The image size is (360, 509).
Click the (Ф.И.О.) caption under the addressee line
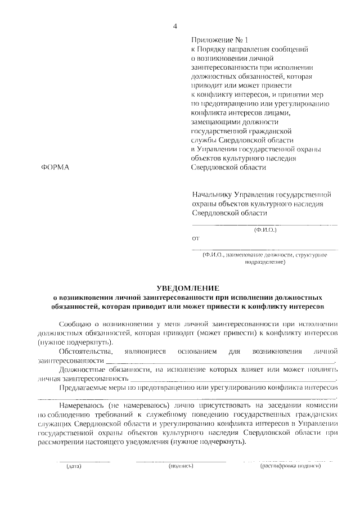point(265,230)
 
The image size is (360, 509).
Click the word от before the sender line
point(195,238)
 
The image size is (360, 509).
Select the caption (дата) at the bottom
point(74,466)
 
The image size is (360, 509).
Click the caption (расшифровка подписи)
point(290,466)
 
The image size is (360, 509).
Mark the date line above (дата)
point(74,461)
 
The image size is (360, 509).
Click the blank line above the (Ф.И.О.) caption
point(265,224)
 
